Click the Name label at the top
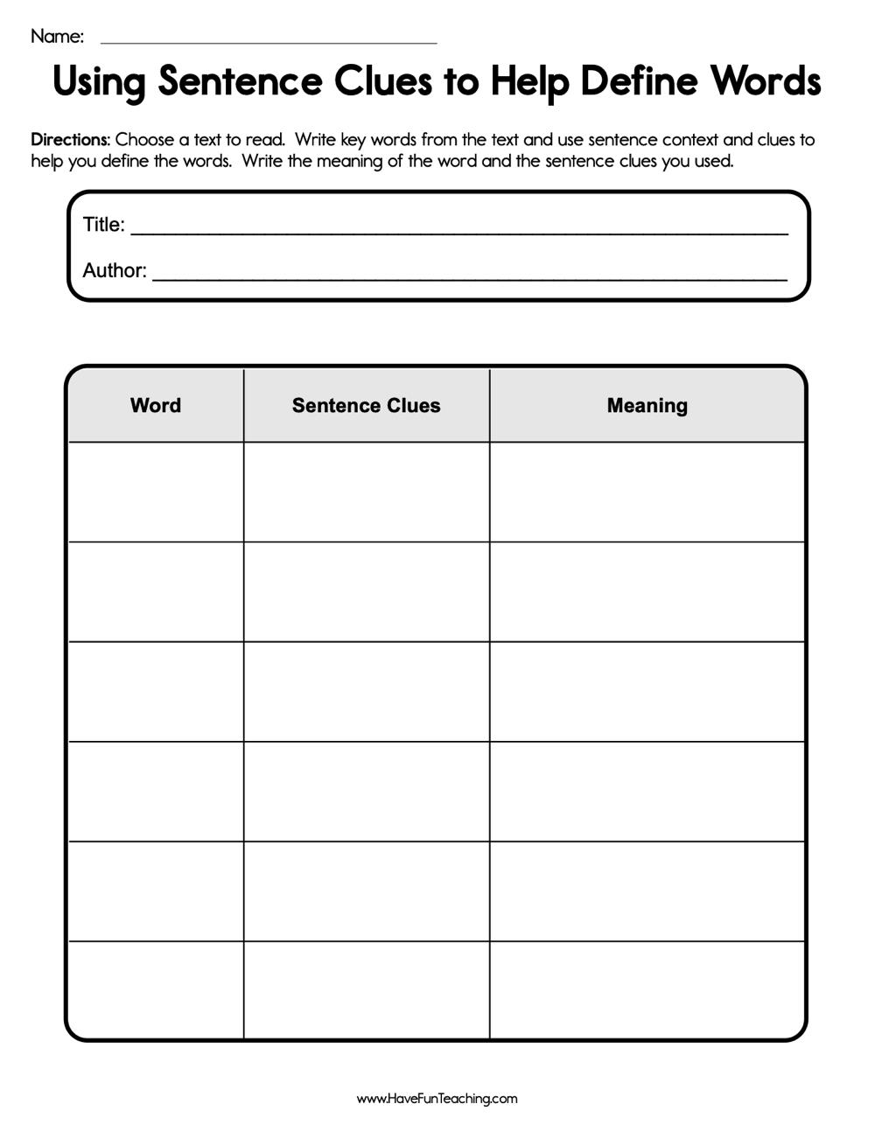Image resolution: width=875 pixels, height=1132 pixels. [x=57, y=36]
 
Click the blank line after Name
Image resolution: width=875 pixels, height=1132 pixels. [x=269, y=40]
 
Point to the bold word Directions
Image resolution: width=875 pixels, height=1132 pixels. [x=70, y=139]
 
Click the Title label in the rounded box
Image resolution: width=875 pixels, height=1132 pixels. [x=103, y=225]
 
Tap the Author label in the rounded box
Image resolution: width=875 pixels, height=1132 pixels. [x=114, y=270]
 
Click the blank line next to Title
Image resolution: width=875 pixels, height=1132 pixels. [x=459, y=231]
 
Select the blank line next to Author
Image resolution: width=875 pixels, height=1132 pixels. [x=470, y=276]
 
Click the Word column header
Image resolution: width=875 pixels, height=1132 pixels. [x=156, y=405]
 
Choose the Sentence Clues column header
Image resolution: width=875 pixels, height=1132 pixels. [x=366, y=405]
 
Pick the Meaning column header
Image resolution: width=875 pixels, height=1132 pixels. [x=647, y=405]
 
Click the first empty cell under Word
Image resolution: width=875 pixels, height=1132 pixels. [x=156, y=492]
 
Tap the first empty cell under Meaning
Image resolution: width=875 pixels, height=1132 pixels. [x=647, y=492]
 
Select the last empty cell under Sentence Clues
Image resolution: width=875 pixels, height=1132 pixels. [x=366, y=990]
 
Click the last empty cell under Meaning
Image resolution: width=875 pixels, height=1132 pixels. [x=647, y=990]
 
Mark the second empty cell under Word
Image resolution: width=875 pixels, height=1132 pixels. [x=156, y=591]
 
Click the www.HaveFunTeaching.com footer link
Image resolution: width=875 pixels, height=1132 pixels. [x=437, y=1099]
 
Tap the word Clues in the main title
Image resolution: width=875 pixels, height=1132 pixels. [x=382, y=81]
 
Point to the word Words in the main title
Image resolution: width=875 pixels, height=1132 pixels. [x=765, y=81]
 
